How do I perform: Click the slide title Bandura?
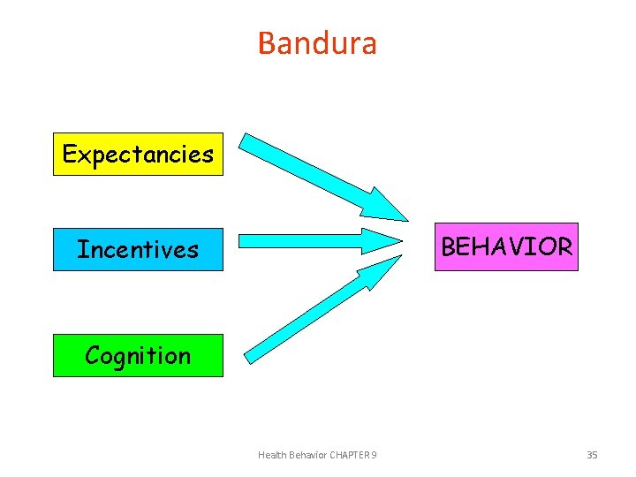(317, 42)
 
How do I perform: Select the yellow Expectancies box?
(138, 155)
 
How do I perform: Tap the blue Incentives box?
(138, 249)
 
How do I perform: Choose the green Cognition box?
(138, 355)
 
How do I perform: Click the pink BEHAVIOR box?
(506, 246)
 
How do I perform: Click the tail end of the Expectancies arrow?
(250, 144)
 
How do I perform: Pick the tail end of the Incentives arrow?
(245, 240)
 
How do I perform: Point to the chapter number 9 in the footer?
(375, 455)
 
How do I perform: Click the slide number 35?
(592, 455)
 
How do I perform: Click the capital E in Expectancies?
(70, 155)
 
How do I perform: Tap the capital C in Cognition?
(93, 355)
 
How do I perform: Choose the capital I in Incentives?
(81, 249)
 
